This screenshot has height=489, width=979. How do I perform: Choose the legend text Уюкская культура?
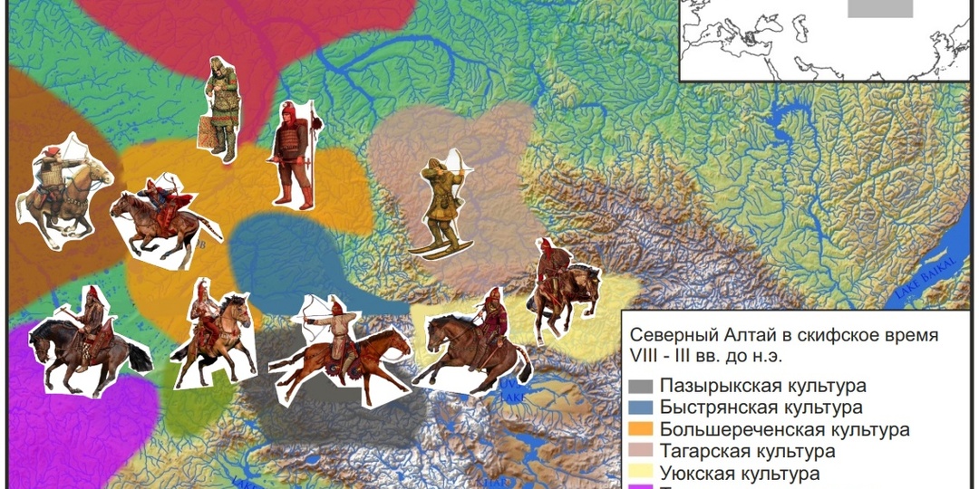point(741,473)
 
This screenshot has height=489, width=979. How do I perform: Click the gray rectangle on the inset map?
point(880,8)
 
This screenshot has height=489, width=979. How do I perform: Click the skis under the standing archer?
point(441,248)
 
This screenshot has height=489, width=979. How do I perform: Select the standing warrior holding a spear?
point(294,154)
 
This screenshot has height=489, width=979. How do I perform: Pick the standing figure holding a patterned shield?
point(220,109)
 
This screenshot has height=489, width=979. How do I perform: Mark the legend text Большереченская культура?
point(784,429)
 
